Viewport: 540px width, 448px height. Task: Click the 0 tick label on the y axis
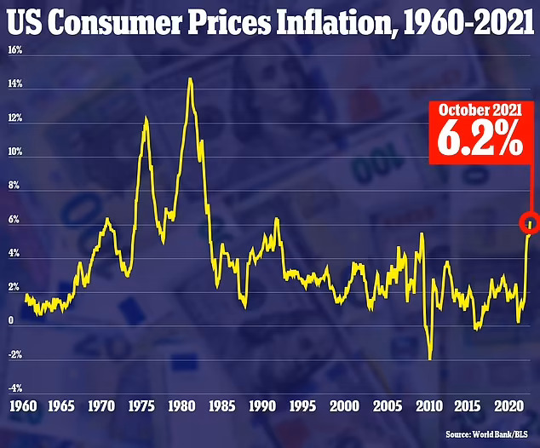click(9, 321)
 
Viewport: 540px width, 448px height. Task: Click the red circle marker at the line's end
click(531, 221)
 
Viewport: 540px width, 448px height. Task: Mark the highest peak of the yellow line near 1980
click(190, 78)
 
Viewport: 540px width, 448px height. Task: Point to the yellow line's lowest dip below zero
click(430, 359)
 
